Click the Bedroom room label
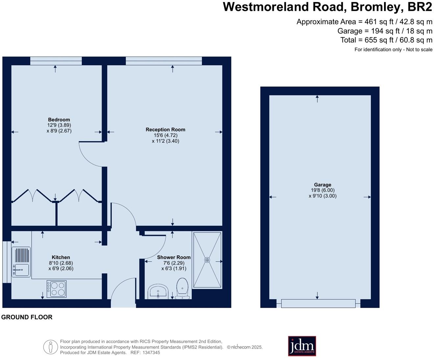[x=59, y=120]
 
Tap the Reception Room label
[x=165, y=130]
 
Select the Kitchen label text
[x=61, y=257]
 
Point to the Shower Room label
[x=174, y=257]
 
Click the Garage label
[x=323, y=185]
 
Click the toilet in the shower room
[x=182, y=288]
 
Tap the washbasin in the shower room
[x=158, y=292]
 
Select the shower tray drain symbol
[x=207, y=260]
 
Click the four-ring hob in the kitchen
[x=57, y=289]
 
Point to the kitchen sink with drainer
[x=21, y=262]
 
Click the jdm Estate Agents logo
[x=302, y=346]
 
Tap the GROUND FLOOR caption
[x=27, y=317]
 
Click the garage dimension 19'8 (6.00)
[x=323, y=190]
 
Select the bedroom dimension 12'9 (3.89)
[x=59, y=125]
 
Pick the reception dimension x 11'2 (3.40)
[x=165, y=141]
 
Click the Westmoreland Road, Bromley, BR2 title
[x=327, y=7]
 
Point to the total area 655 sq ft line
[x=386, y=40]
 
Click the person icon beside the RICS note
[x=50, y=347]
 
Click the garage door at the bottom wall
[x=318, y=303]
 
